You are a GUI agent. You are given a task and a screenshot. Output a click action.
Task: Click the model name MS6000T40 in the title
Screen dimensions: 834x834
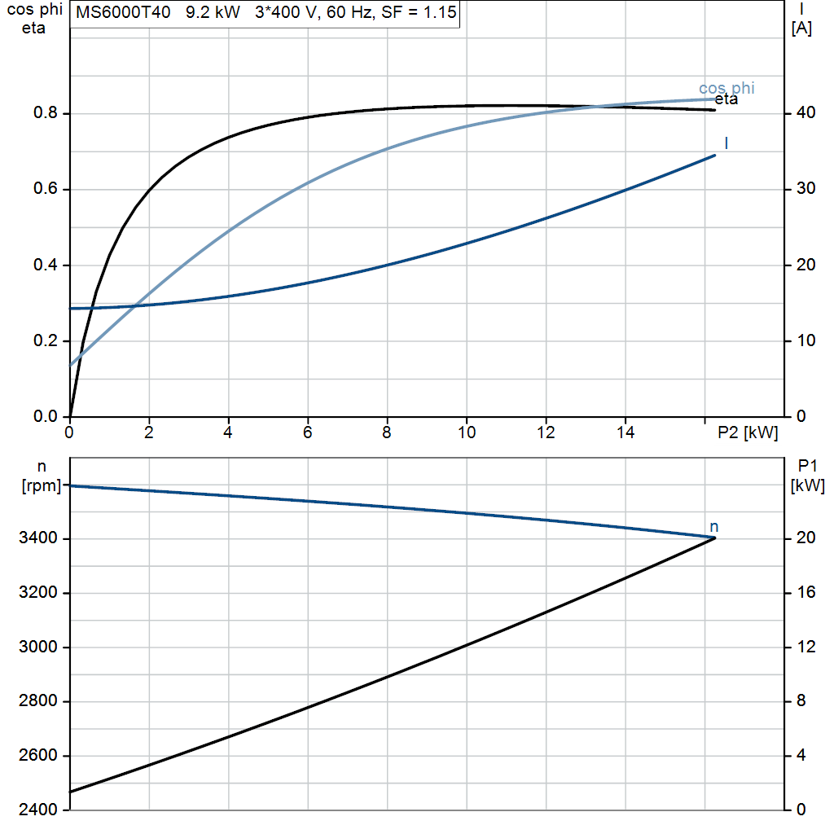point(123,12)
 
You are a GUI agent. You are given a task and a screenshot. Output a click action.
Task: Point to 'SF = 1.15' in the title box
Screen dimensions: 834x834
point(419,12)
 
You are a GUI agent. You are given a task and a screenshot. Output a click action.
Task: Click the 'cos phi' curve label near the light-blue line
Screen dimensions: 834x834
point(726,88)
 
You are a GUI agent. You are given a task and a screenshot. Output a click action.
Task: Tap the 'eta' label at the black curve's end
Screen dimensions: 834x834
point(726,100)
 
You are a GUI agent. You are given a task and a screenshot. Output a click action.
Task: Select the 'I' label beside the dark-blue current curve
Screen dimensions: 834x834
point(726,143)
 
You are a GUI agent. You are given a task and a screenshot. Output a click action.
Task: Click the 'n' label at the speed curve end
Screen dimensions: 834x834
point(713,527)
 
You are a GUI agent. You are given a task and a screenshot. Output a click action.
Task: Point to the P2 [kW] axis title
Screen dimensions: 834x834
point(748,433)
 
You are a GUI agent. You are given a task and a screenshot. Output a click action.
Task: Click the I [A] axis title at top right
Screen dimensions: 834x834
point(801,19)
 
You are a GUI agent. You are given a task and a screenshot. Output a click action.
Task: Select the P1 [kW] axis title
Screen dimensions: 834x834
point(807,476)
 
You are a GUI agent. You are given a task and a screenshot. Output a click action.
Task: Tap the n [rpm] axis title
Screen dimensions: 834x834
point(42,476)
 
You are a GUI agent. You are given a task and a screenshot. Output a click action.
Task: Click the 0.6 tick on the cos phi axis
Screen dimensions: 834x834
point(46,189)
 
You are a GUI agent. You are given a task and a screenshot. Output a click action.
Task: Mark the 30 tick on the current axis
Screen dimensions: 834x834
point(805,189)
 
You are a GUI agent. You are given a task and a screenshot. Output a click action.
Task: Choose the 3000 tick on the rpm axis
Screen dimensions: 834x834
point(37,647)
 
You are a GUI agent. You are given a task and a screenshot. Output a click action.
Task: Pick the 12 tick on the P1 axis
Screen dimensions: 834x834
point(805,647)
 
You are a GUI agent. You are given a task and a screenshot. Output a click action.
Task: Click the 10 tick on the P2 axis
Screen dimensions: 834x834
point(467,432)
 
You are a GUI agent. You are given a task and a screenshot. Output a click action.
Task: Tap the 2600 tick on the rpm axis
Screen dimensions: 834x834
point(37,755)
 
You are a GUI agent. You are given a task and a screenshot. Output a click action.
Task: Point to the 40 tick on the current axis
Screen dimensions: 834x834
point(805,112)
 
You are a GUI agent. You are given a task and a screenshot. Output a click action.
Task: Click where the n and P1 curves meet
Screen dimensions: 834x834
point(714,538)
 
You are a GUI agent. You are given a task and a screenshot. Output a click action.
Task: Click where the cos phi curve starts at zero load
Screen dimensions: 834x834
point(71,366)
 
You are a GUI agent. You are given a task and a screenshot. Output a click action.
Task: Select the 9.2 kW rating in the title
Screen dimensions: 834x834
point(213,12)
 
